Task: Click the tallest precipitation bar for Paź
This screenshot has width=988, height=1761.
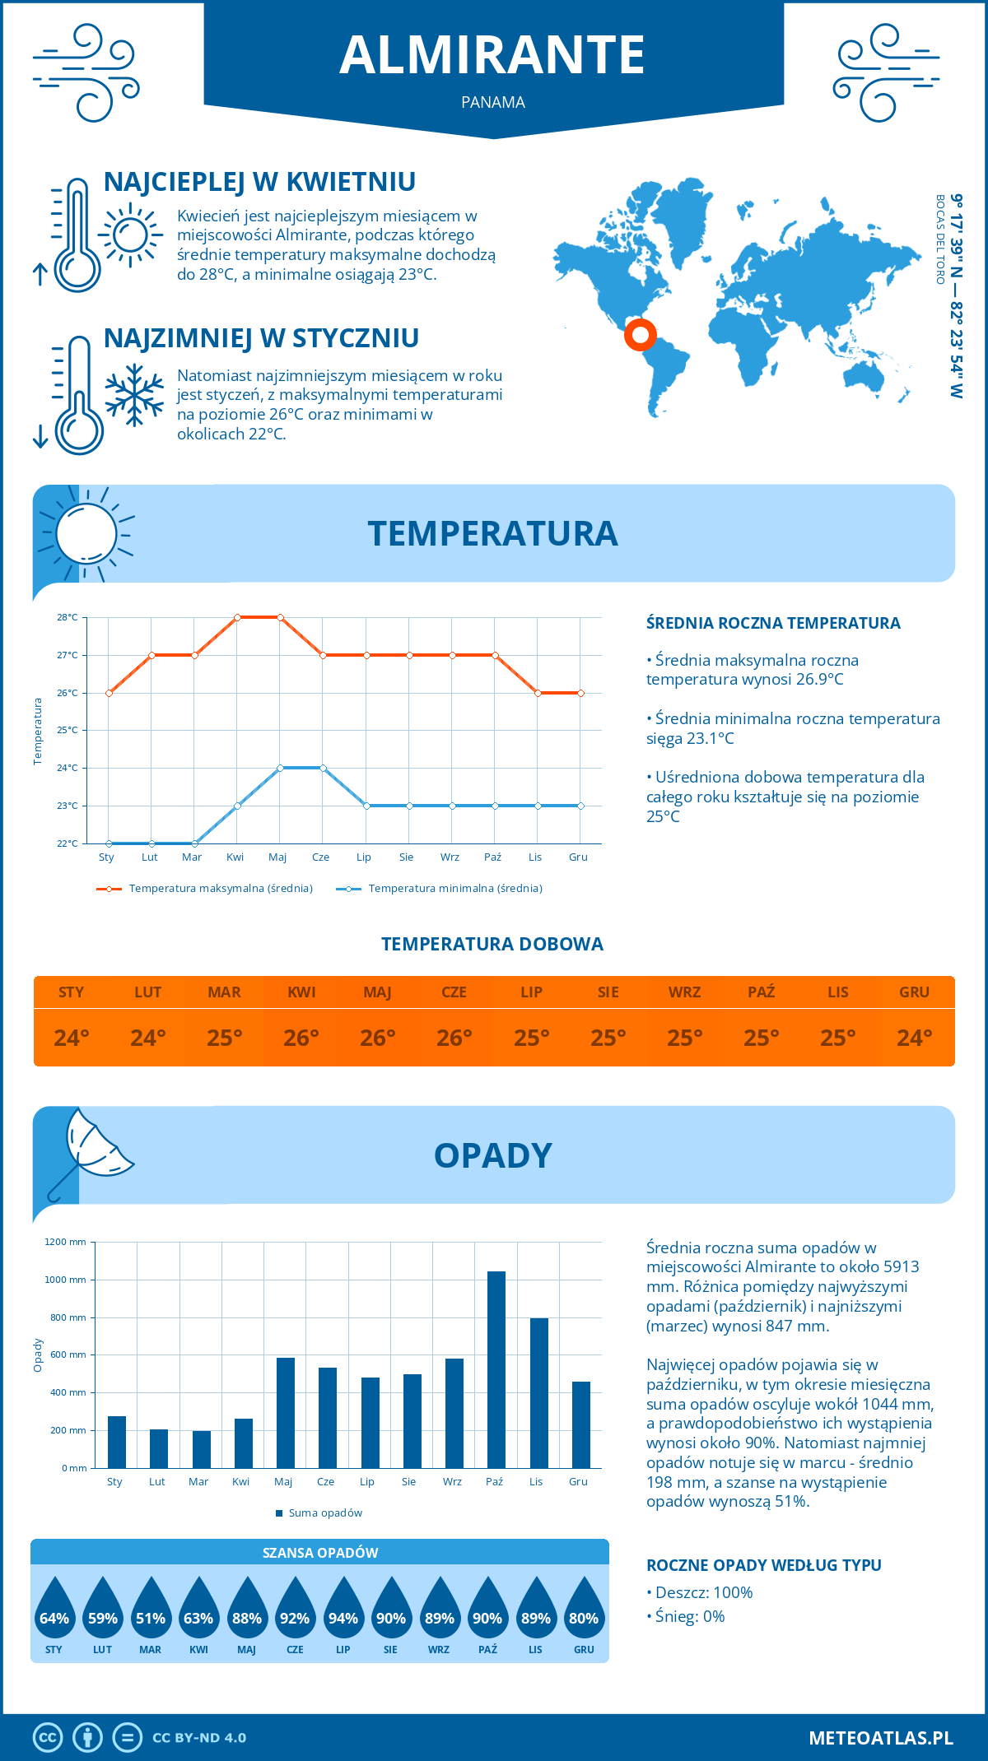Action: (x=496, y=1369)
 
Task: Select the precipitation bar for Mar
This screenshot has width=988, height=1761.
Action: (x=201, y=1449)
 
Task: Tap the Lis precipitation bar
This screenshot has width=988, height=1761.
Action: (x=538, y=1392)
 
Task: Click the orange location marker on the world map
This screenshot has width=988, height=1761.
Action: (x=640, y=335)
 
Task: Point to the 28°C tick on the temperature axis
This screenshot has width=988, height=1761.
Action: (x=68, y=617)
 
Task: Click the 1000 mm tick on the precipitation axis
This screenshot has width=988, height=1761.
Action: (x=66, y=1280)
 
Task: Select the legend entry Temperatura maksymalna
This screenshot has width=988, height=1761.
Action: (x=206, y=888)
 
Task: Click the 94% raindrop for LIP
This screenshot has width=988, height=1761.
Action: (x=343, y=1614)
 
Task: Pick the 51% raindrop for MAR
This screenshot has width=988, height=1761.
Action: (x=151, y=1614)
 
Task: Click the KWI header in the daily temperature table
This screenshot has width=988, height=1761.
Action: (x=301, y=992)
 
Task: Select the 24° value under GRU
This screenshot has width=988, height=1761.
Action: (x=914, y=1038)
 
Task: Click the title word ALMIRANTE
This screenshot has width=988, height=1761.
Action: (x=492, y=55)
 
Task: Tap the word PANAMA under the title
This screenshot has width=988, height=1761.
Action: (x=493, y=102)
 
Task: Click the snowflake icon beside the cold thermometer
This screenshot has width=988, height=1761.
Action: (x=134, y=396)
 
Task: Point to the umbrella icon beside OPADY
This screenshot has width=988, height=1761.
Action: (x=91, y=1149)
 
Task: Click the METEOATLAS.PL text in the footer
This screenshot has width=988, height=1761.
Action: (x=880, y=1737)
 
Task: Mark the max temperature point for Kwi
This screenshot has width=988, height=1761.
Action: (x=237, y=617)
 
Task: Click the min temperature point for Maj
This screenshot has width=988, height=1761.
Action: (x=280, y=768)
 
